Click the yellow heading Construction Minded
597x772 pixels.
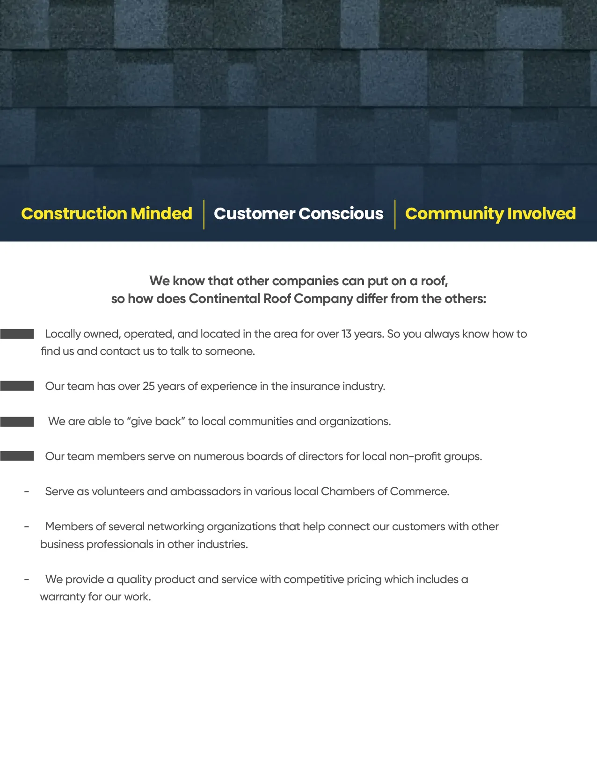[x=107, y=214]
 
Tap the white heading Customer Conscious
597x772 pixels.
[x=298, y=214]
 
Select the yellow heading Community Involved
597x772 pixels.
[x=490, y=214]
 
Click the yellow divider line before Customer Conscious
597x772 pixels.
[x=204, y=214]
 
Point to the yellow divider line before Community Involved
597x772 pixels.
[x=395, y=214]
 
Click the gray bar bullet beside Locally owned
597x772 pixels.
[x=17, y=334]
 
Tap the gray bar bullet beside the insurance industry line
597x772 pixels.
[x=17, y=386]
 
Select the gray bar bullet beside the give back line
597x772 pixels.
[x=17, y=422]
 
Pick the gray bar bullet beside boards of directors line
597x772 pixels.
[x=17, y=456]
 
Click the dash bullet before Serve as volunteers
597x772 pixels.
[x=27, y=492]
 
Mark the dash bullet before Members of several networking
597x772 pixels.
[x=27, y=527]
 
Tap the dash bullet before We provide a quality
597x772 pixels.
[x=27, y=579]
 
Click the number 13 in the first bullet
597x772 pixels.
[x=346, y=334]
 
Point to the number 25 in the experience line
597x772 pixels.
[x=148, y=386]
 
